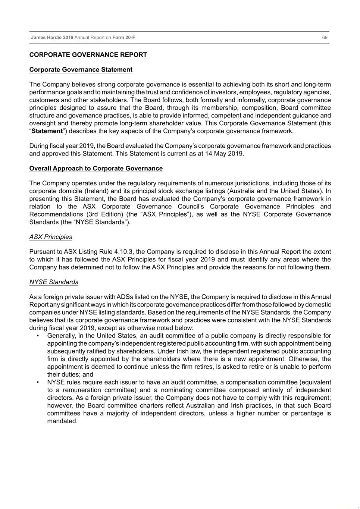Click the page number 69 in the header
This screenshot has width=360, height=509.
[x=325, y=37]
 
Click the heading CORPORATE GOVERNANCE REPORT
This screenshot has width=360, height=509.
[x=88, y=55]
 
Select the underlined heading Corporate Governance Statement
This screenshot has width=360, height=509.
[x=81, y=70]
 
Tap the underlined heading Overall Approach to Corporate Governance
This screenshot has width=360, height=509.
[x=96, y=169]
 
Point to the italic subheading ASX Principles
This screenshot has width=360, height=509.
[x=51, y=237]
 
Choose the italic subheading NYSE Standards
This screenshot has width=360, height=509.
[x=54, y=282]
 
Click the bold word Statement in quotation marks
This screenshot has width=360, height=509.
[x=47, y=131]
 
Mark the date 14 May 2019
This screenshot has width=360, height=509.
[x=224, y=154]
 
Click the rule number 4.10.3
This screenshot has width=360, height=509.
[x=123, y=252]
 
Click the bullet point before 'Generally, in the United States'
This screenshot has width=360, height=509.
[x=38, y=336]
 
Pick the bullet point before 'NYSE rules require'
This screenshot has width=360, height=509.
[x=38, y=383]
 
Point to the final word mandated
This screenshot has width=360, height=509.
[x=62, y=421]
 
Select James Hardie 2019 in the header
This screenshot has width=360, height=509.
[x=52, y=37]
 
